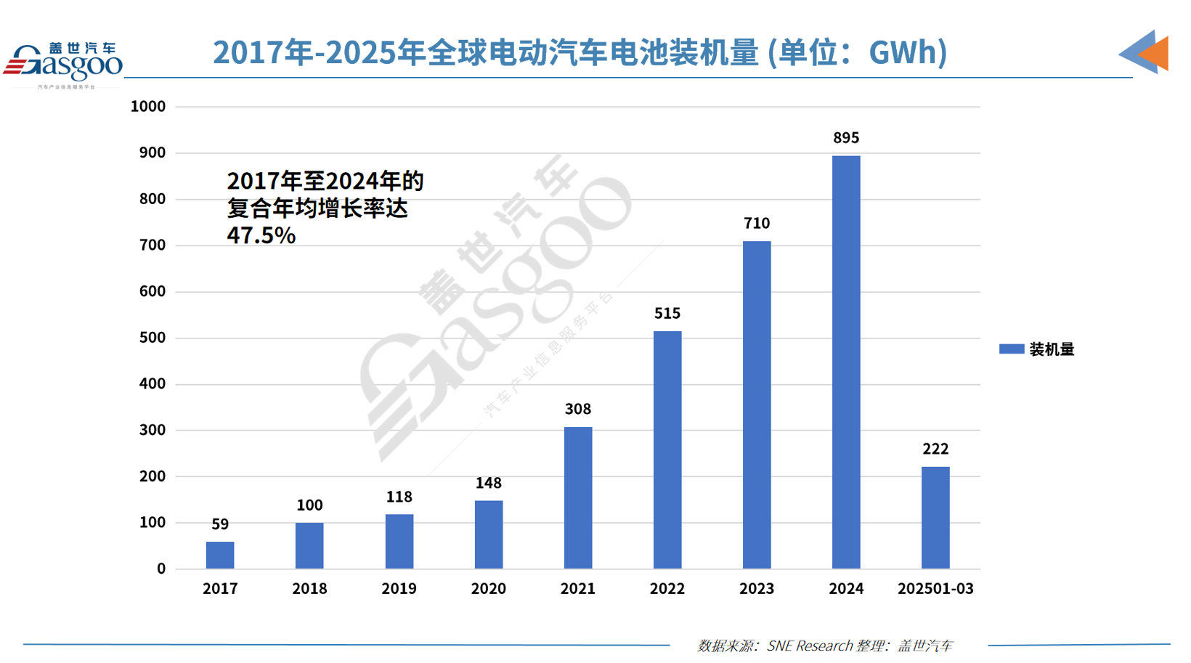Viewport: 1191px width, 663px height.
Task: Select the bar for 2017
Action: pyautogui.click(x=220, y=555)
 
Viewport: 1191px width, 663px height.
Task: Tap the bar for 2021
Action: pyautogui.click(x=578, y=497)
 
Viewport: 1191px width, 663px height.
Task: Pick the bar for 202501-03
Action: pyautogui.click(x=935, y=517)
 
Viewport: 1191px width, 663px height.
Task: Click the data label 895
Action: pyautogui.click(x=846, y=138)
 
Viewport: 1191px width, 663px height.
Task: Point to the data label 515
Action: pyautogui.click(x=667, y=314)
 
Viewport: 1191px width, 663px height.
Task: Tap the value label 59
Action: pyautogui.click(x=220, y=524)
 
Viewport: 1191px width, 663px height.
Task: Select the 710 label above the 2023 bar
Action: pyautogui.click(x=757, y=224)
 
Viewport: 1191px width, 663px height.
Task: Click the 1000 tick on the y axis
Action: pyautogui.click(x=148, y=107)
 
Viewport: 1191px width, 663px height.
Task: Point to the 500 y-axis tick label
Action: pyautogui.click(x=153, y=338)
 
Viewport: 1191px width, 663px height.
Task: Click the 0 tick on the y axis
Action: pyautogui.click(x=161, y=569)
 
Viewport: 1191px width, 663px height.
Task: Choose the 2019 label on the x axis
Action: pyautogui.click(x=399, y=589)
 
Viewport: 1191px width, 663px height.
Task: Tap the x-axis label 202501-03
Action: pyautogui.click(x=935, y=589)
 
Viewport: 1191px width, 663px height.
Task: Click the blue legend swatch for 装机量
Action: pyautogui.click(x=1011, y=349)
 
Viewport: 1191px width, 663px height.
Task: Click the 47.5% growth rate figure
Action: pyautogui.click(x=261, y=235)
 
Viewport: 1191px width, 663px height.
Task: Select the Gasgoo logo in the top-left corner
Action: pyautogui.click(x=63, y=63)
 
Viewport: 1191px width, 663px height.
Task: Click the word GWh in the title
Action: pyautogui.click(x=902, y=52)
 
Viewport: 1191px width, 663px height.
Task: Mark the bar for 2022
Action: pyautogui.click(x=667, y=450)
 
